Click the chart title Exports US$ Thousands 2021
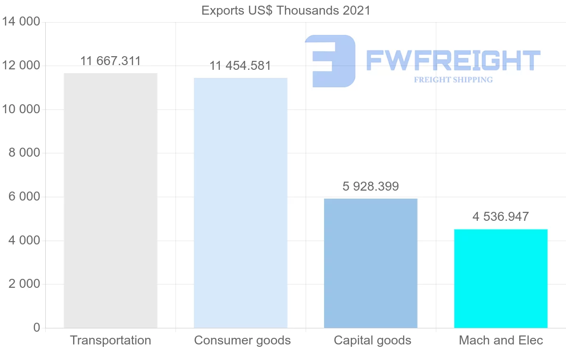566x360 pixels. point(286,10)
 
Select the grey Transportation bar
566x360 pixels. point(110,201)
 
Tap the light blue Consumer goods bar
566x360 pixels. point(241,203)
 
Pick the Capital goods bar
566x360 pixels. point(371,263)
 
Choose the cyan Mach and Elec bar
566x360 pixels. point(500,278)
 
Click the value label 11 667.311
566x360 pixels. point(110,61)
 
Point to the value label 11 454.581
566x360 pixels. point(240,66)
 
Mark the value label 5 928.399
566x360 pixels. point(371,186)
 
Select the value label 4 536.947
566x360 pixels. point(500,217)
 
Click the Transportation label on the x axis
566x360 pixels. point(110,340)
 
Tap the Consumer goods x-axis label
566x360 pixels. point(242,340)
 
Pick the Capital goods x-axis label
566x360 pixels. point(373,340)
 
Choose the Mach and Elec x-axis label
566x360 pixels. point(501,340)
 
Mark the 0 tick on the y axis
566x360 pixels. point(37,328)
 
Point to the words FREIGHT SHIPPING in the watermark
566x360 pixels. point(453,80)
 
